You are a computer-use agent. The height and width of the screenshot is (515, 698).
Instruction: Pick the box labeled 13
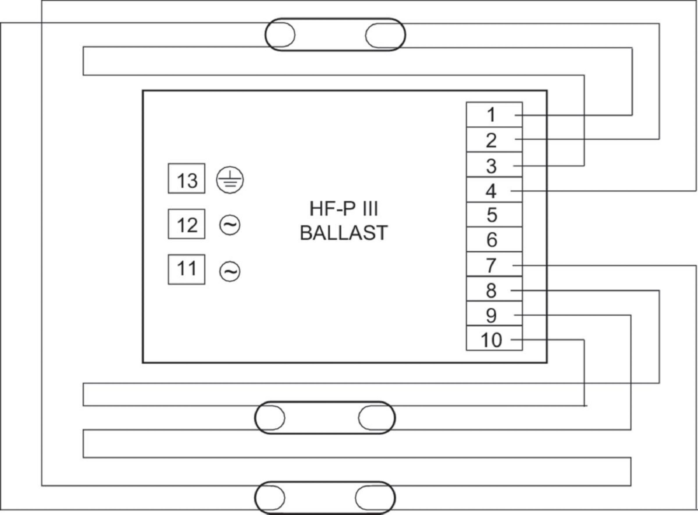(x=186, y=179)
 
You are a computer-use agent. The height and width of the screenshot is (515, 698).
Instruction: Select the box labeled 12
(x=186, y=224)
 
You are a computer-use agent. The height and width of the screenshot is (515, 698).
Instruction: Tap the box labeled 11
(x=186, y=269)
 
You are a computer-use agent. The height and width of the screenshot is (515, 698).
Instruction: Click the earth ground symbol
(x=230, y=180)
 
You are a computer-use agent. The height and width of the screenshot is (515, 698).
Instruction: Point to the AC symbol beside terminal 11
(x=230, y=271)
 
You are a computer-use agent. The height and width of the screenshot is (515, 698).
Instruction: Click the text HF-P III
(x=343, y=208)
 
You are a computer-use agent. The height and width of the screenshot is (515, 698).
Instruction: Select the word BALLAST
(x=343, y=233)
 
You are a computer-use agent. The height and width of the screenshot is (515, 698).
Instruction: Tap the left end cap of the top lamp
(x=280, y=35)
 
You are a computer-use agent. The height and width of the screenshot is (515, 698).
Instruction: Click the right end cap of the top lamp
(x=385, y=35)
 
